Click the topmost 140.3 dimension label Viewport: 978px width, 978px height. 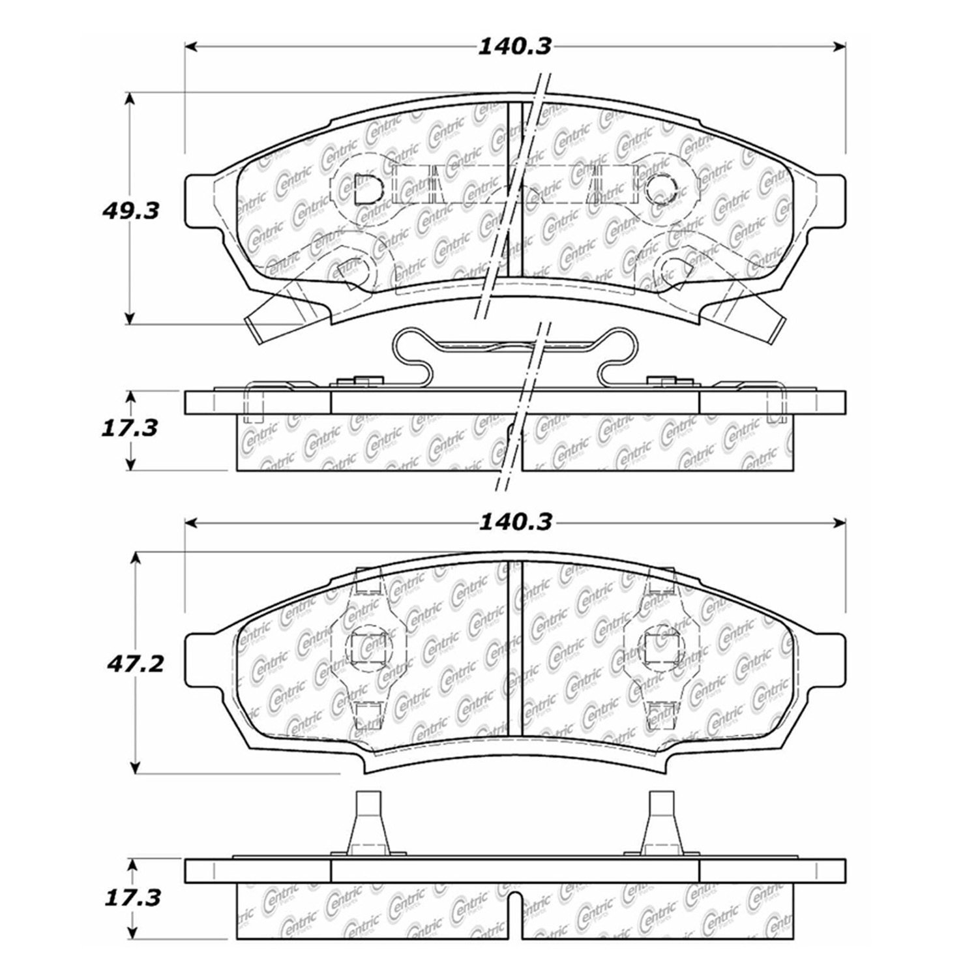(515, 46)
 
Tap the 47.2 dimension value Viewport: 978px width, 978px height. (133, 664)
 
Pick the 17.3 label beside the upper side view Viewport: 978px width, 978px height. (130, 428)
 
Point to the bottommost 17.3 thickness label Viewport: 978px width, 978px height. (132, 898)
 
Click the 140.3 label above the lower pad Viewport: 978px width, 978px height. (515, 522)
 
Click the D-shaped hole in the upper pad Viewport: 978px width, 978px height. (367, 189)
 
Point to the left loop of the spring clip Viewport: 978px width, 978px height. (413, 355)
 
